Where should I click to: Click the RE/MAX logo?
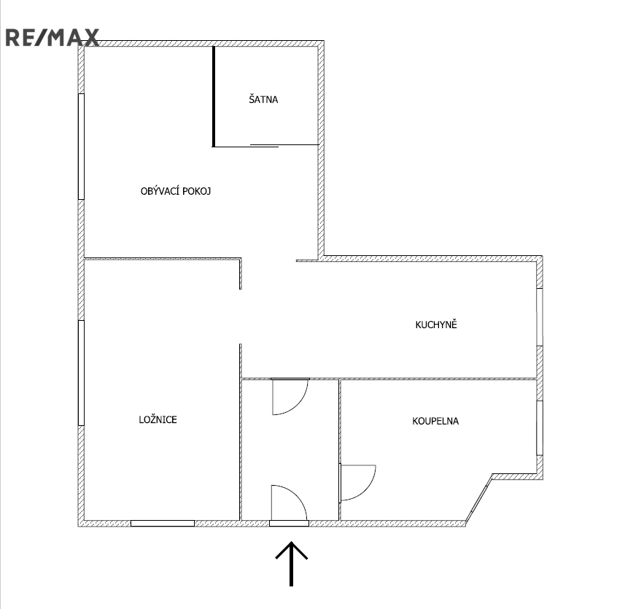pyautogui.click(x=52, y=38)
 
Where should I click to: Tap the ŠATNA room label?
pyautogui.click(x=263, y=99)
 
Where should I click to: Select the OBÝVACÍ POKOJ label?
pyautogui.click(x=176, y=191)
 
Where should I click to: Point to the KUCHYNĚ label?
pyautogui.click(x=436, y=324)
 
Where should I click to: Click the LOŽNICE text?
pyautogui.click(x=158, y=419)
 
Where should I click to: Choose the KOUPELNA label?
pyautogui.click(x=435, y=421)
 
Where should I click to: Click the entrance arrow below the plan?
pyautogui.click(x=291, y=564)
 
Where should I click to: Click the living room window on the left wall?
pyautogui.click(x=81, y=147)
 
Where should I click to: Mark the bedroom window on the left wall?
pyautogui.click(x=81, y=373)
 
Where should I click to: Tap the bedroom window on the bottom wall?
pyautogui.click(x=163, y=523)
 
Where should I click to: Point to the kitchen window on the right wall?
pyautogui.click(x=540, y=317)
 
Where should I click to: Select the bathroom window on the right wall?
pyautogui.click(x=540, y=428)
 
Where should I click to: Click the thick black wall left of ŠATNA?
pyautogui.click(x=214, y=96)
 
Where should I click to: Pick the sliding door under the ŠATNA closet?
pyautogui.click(x=265, y=146)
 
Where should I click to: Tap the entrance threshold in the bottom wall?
pyautogui.click(x=290, y=523)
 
